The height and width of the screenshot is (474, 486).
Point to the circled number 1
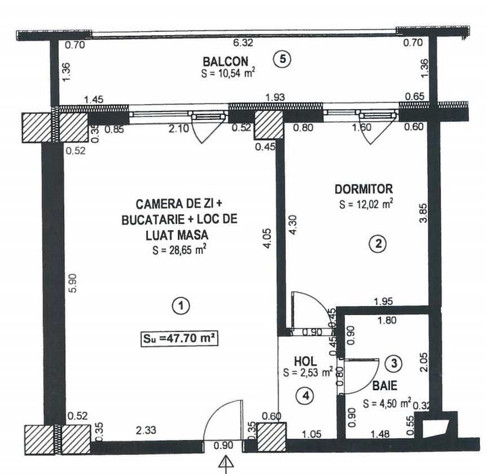click(x=179, y=307)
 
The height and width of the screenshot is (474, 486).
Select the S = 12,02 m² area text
click(x=366, y=202)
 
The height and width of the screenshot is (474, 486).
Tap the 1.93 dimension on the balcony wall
click(x=274, y=99)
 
